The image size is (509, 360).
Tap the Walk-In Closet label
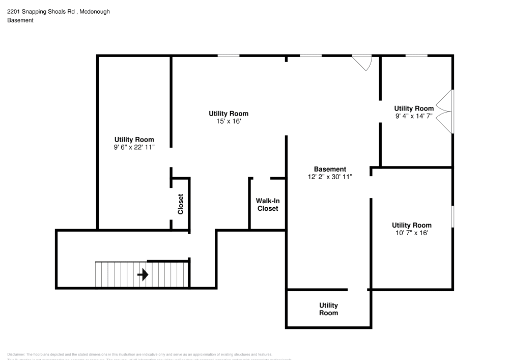[x=268, y=205]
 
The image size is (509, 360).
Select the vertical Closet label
[x=180, y=204]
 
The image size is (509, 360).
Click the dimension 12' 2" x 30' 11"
[x=330, y=177]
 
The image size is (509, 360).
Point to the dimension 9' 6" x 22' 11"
[x=134, y=147]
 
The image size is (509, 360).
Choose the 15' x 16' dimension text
[x=229, y=121]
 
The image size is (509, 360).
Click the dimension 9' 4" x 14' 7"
[x=414, y=116]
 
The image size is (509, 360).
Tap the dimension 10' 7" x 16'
[x=411, y=233]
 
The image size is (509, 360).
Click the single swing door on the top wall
[x=363, y=62]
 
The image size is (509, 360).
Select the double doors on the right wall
[x=446, y=112]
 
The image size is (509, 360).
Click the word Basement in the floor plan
[x=330, y=169]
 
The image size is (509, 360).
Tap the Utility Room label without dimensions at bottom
[x=328, y=309]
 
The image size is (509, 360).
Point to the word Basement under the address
[x=20, y=20]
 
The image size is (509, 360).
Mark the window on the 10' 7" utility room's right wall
[x=453, y=217]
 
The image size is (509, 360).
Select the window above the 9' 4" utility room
[x=416, y=56]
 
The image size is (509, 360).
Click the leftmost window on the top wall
[x=229, y=56]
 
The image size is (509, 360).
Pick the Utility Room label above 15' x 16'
[x=229, y=114]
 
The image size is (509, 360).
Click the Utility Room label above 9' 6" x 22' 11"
[x=134, y=140]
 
